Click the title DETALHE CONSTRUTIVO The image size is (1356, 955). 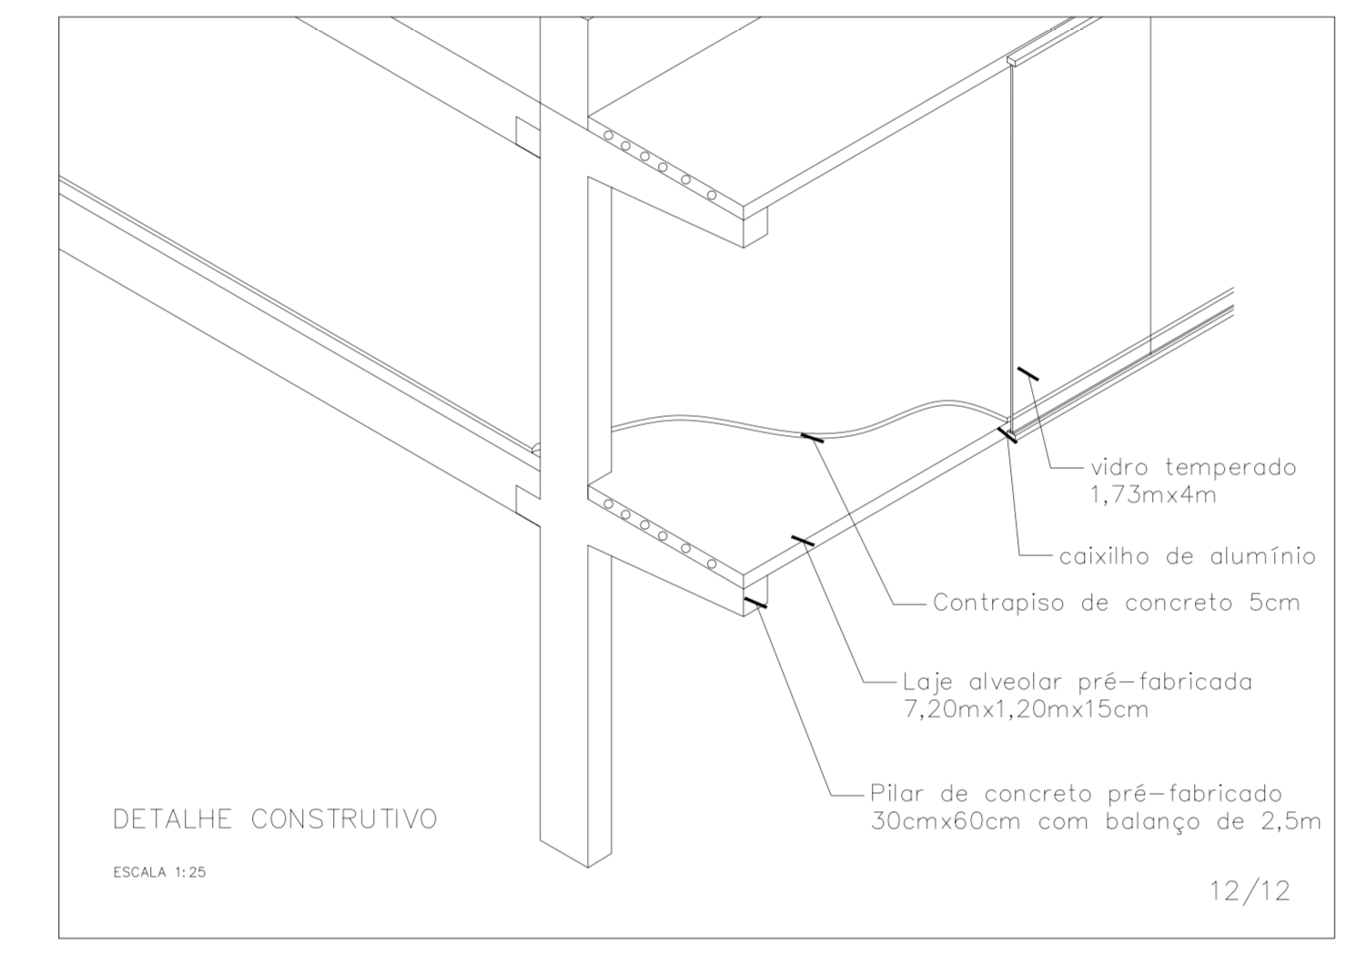coord(274,819)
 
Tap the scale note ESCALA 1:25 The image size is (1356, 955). coord(159,872)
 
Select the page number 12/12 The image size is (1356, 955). coord(1250,890)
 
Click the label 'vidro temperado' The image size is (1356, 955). coord(1192,468)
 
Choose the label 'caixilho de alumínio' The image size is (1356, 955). coord(1187,555)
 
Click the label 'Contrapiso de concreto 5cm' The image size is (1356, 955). coord(1116,603)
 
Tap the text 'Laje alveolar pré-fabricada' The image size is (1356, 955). coord(1077,682)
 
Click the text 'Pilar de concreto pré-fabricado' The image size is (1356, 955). coord(1075,794)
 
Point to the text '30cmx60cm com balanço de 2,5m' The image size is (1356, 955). coord(1095,821)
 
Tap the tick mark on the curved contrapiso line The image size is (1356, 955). coord(812,437)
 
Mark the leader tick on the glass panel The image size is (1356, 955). coord(1027,373)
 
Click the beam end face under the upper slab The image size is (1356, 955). coord(755,227)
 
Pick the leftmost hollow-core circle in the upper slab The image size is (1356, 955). coord(609,137)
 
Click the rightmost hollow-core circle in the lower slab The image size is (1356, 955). coord(712,564)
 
